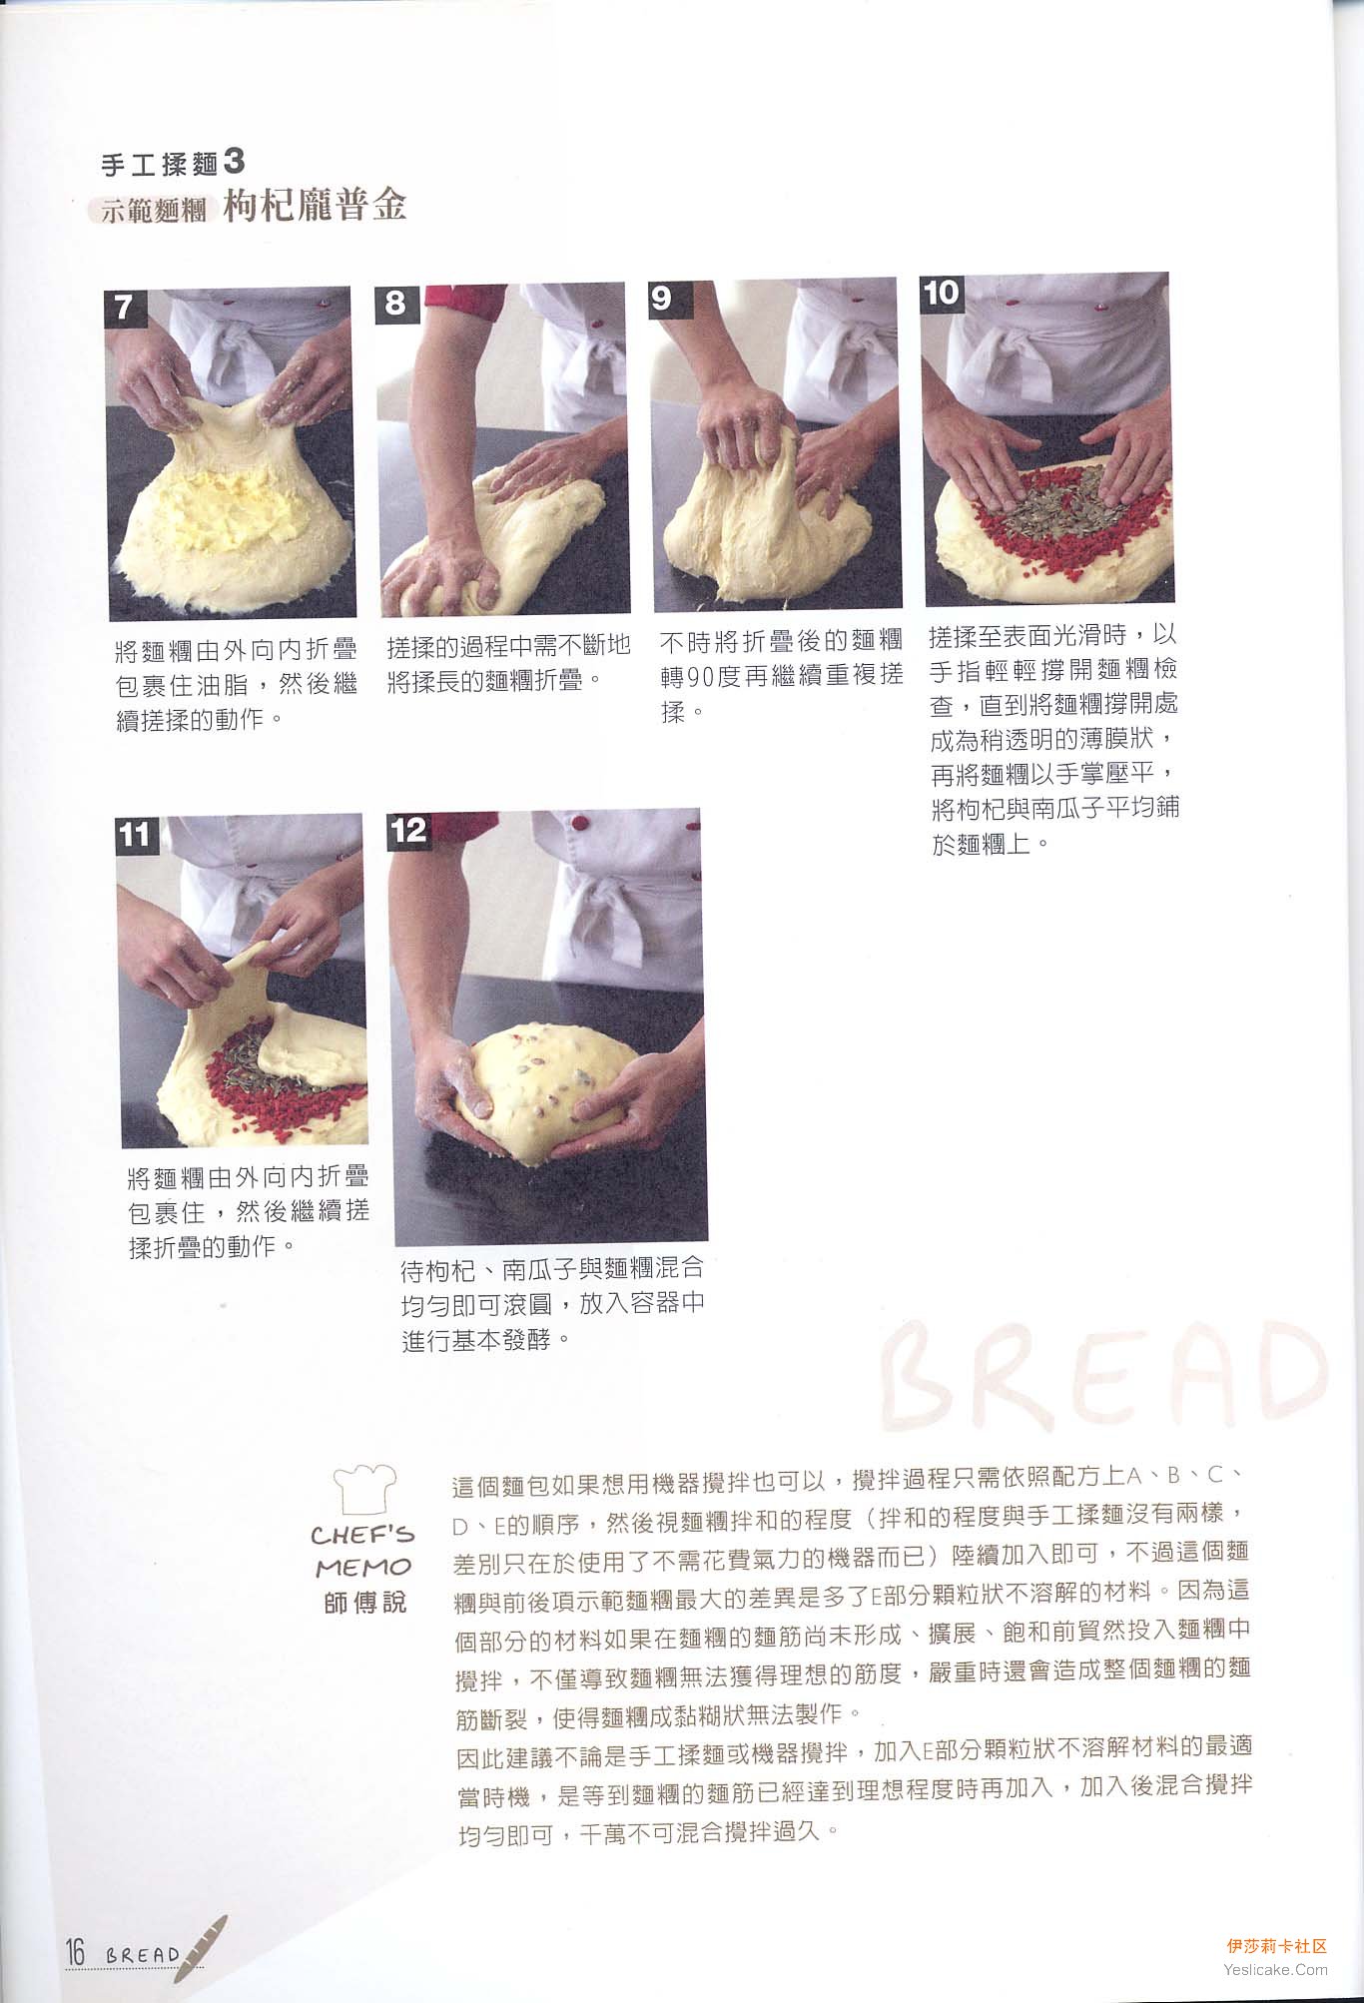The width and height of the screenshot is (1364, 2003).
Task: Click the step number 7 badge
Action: point(124,307)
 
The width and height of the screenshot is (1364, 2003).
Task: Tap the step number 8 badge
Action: point(395,303)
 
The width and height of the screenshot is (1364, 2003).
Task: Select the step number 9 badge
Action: point(661,297)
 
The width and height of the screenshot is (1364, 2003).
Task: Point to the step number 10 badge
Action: point(941,293)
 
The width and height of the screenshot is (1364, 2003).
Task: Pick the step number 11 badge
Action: point(135,835)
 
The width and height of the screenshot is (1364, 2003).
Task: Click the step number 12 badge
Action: point(409,830)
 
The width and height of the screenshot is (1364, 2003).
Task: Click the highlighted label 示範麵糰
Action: point(154,211)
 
